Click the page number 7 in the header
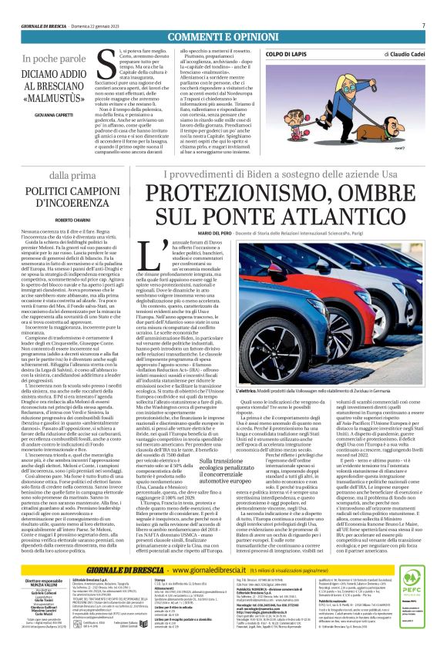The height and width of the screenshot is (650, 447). [423, 25]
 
